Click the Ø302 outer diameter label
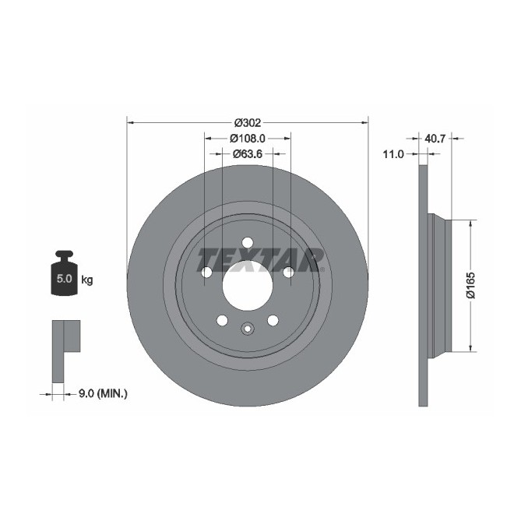[x=247, y=122]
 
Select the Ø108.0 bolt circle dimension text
[x=247, y=138]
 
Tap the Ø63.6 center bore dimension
[x=247, y=153]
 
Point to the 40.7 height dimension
[x=435, y=138]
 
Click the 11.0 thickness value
[x=395, y=154]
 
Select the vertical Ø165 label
[x=470, y=285]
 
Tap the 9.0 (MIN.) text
[x=103, y=394]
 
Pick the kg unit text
[x=86, y=279]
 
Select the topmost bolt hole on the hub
[x=247, y=241]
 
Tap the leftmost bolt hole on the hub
[x=206, y=272]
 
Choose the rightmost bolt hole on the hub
[x=287, y=272]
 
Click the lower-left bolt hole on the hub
[x=222, y=320]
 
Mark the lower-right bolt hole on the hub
[x=273, y=320]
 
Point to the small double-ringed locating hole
[x=247, y=328]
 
